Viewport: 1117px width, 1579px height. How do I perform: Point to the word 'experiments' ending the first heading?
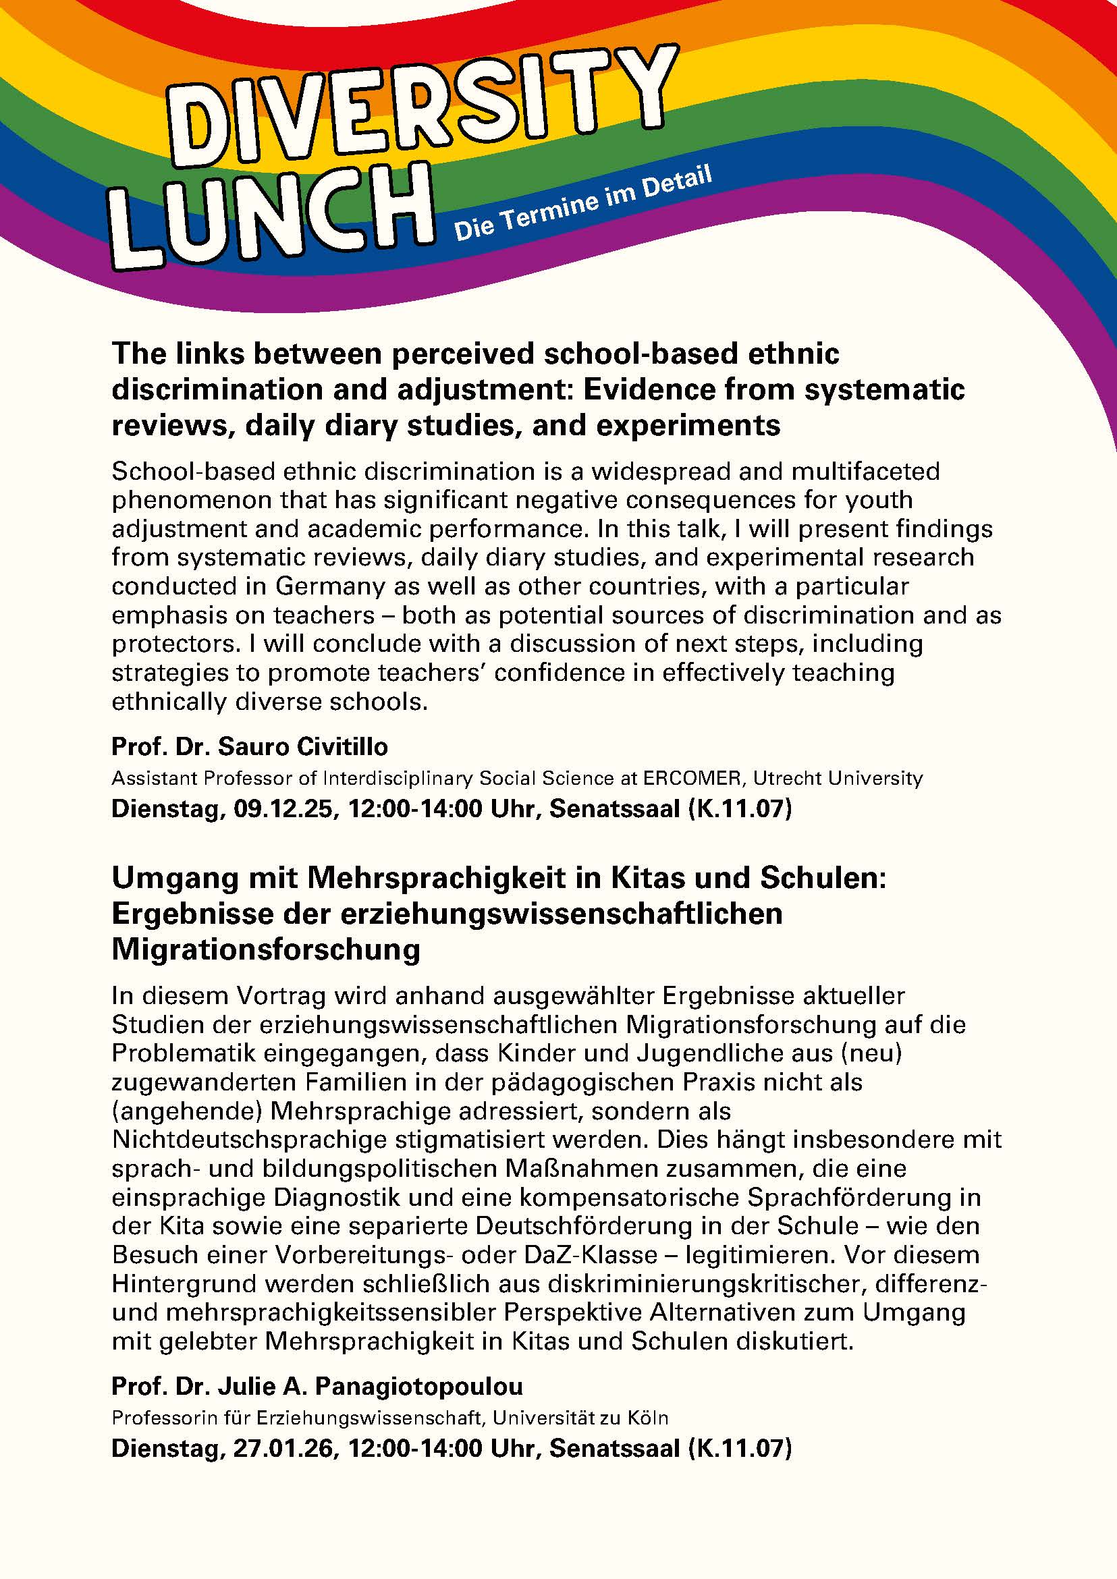tap(688, 426)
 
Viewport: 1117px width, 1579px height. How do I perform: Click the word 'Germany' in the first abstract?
tap(329, 586)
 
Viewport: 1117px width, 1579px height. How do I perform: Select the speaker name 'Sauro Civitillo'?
tap(302, 747)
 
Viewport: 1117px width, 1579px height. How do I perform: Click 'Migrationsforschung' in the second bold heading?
tap(265, 949)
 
